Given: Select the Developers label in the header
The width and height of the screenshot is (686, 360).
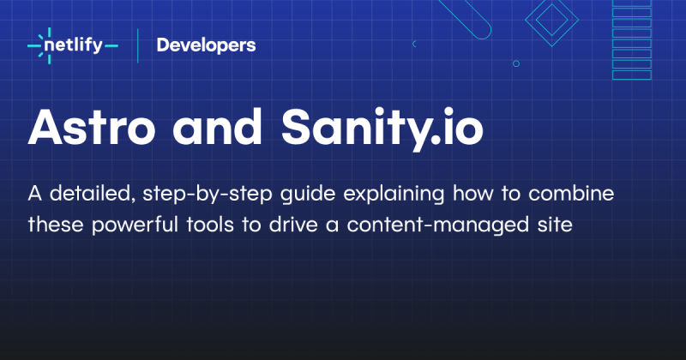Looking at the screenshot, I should (206, 45).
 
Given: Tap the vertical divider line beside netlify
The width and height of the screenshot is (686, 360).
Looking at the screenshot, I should (138, 45).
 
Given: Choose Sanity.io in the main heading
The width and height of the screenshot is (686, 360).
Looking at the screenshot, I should (382, 129).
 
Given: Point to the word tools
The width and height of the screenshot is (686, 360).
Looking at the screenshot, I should (211, 226).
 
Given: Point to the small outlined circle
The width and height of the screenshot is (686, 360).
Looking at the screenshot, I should (515, 63).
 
